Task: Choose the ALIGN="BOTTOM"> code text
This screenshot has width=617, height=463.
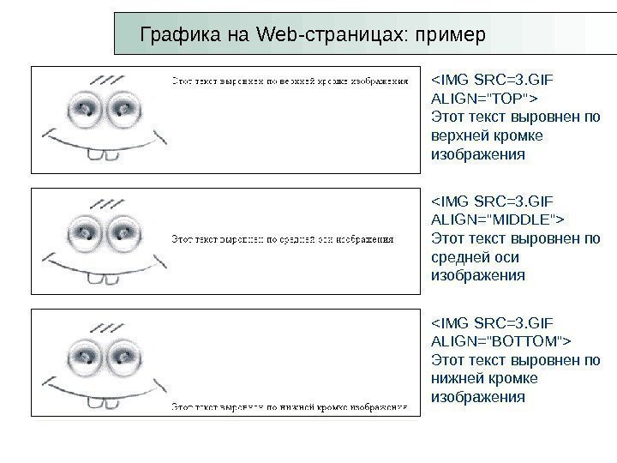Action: (500, 341)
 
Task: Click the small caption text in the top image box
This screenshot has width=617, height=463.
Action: (290, 82)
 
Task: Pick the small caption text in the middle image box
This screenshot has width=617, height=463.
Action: (283, 240)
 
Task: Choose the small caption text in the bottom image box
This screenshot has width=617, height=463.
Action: (290, 406)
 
